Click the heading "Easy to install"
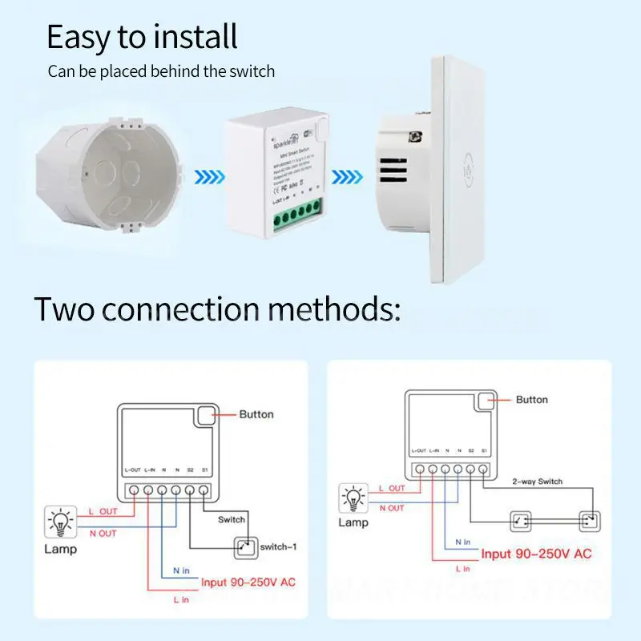pos(142,37)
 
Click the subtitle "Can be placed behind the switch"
pos(161,71)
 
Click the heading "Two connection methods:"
pos(217,308)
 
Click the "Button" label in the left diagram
pos(256,414)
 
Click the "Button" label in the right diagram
pos(532,399)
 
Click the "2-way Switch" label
pos(537,482)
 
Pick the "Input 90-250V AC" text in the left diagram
pos(248,582)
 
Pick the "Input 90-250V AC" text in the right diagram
pos(536,554)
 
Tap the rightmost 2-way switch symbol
pos(590,521)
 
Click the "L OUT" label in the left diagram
pos(103,510)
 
